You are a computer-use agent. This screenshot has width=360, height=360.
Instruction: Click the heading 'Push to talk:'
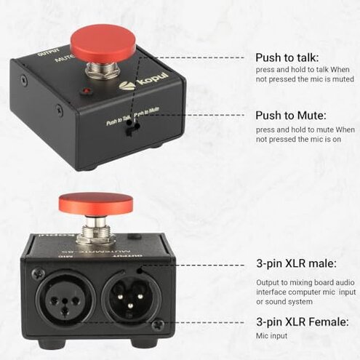point(287,57)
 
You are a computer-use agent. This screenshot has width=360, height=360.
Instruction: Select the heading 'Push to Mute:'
point(291,115)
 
